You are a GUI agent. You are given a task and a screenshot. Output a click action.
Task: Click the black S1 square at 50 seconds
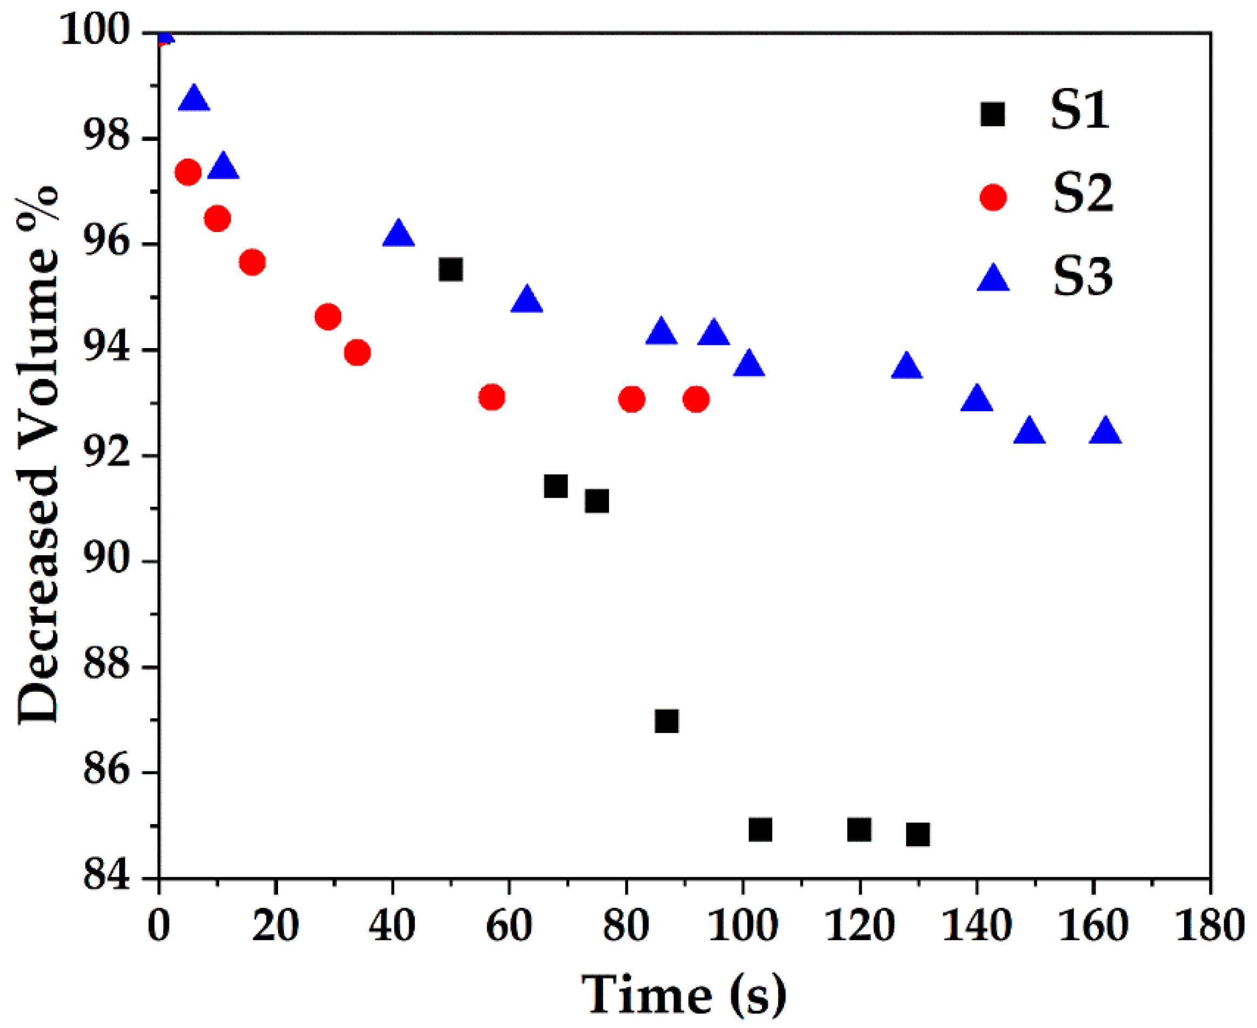[450, 270]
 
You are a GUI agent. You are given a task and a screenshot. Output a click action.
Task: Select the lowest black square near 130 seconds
[917, 834]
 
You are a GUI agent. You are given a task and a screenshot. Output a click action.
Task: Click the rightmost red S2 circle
[696, 399]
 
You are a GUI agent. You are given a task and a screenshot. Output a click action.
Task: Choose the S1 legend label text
[1079, 111]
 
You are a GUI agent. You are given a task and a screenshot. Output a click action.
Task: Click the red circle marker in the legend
[994, 197]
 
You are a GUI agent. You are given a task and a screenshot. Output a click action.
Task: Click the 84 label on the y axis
[106, 876]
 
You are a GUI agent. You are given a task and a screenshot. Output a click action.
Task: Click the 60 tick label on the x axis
[509, 925]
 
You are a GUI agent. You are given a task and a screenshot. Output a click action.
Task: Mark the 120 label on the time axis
[859, 925]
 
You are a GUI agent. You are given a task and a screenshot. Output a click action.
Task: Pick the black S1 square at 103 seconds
[760, 830]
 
